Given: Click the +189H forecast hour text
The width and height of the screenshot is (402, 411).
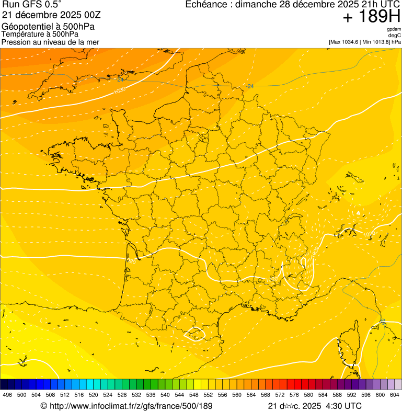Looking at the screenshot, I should [372, 17].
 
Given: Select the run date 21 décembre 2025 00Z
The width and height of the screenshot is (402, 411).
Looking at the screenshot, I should [55, 15].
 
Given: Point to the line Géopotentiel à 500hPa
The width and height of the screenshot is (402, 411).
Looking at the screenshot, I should [48, 26].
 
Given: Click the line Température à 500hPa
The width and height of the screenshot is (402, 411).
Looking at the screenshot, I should [40, 34].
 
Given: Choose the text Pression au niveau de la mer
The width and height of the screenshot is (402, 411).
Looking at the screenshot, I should [50, 42].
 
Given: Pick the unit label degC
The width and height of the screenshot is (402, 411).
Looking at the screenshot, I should [395, 35].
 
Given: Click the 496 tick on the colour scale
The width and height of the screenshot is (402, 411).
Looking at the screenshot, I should [7, 395].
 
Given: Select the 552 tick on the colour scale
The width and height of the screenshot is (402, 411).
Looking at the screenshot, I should [208, 395].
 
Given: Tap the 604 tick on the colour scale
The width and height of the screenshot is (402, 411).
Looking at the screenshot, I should [395, 395].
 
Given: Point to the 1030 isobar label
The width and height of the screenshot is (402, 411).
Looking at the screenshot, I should [119, 91].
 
